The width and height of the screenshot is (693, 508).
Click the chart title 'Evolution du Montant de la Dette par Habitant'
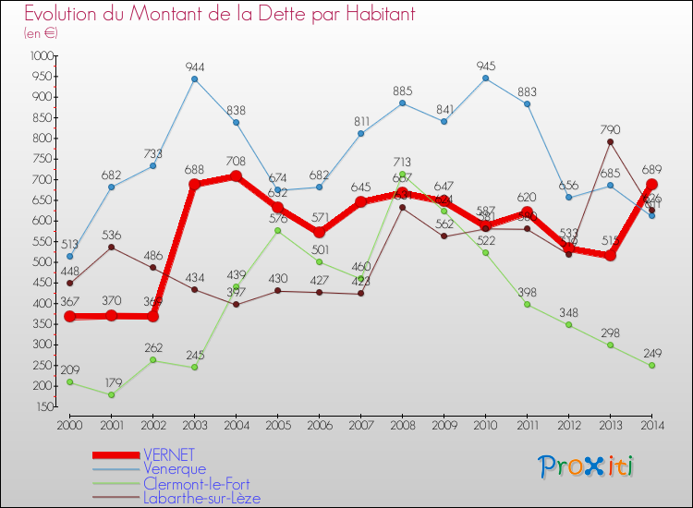point(219,15)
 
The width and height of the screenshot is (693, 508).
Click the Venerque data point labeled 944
point(194,79)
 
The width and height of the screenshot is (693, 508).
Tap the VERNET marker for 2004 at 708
point(236,175)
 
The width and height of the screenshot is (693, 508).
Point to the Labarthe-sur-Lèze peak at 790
point(610,142)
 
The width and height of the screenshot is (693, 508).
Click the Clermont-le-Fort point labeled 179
point(111,394)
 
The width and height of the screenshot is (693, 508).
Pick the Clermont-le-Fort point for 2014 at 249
point(651,366)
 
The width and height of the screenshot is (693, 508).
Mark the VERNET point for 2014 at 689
point(651,184)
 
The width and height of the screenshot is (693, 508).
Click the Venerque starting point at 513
point(69,257)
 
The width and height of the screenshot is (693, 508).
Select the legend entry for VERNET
point(169,454)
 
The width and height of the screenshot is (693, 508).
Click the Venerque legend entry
point(175,468)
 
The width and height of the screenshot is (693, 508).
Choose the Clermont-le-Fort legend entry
point(196,483)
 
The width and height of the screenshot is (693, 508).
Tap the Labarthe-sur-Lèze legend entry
point(201,498)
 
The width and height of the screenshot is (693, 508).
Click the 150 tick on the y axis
point(44,406)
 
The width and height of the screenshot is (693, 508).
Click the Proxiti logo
point(587,466)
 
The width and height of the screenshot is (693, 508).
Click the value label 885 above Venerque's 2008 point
point(402,91)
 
